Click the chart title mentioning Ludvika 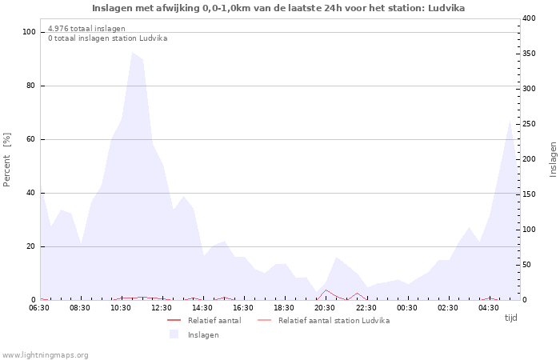(x=278, y=8)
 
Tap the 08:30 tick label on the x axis (x=80, y=307)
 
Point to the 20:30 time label (x=325, y=307)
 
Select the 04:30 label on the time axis (x=488, y=307)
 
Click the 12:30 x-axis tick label (x=162, y=307)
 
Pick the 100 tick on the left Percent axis (x=30, y=32)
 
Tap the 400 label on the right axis (x=530, y=18)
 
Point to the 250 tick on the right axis (x=530, y=124)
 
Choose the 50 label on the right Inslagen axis (x=527, y=265)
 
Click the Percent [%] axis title (x=7, y=160)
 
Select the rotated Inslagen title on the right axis (x=552, y=160)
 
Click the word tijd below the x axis (x=510, y=318)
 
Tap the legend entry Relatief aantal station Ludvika (x=334, y=320)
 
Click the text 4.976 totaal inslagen (x=86, y=29)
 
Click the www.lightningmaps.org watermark (x=46, y=354)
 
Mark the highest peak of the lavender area (x=133, y=53)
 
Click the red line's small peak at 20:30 (x=326, y=290)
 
